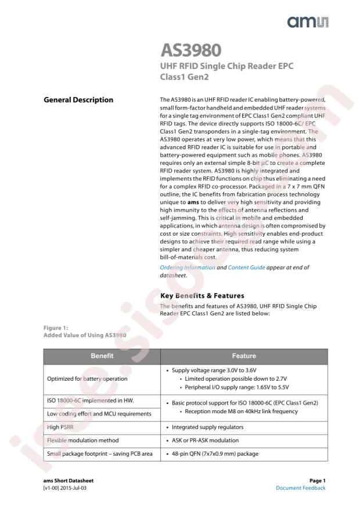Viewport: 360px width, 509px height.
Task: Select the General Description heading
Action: pyautogui.click(x=78, y=100)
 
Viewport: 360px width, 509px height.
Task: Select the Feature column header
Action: pyautogui.click(x=243, y=356)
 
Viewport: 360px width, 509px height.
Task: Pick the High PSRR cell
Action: pyautogui.click(x=62, y=427)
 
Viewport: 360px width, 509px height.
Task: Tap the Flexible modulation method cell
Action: pyautogui.click(x=81, y=440)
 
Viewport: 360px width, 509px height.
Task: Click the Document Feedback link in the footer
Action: pyautogui.click(x=301, y=488)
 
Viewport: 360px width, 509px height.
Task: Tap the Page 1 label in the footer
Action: pyautogui.click(x=316, y=481)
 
